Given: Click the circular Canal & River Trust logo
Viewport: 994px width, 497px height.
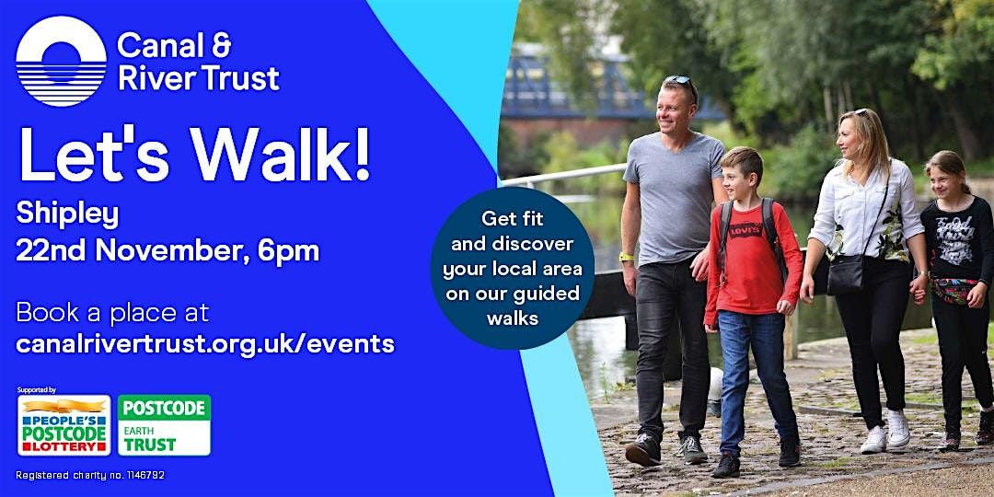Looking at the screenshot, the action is (61, 61).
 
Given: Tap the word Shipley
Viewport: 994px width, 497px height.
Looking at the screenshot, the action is (67, 214).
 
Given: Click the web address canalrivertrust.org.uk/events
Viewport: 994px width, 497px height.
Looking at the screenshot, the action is (204, 343).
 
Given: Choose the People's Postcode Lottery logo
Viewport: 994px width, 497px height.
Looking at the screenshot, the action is (64, 425).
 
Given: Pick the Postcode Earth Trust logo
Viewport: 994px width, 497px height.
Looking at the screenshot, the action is (164, 425).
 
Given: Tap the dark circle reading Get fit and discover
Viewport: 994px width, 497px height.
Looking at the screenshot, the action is (513, 268).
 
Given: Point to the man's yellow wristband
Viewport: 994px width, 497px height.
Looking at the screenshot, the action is (627, 257).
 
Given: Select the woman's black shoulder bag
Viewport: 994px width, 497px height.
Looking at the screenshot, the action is (847, 274).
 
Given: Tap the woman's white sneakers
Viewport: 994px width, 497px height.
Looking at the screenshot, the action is (885, 431).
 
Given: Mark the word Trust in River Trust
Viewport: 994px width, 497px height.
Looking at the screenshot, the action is (241, 78).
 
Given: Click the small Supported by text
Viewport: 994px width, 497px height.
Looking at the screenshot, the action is (37, 390).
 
